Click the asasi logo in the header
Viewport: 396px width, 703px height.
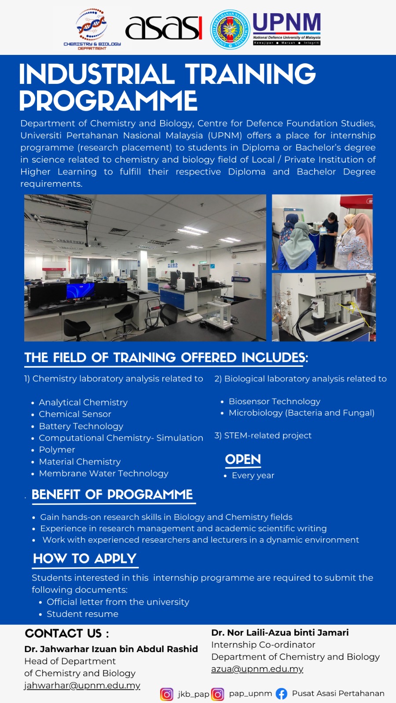tap(163, 28)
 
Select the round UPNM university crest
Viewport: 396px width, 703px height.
tap(230, 29)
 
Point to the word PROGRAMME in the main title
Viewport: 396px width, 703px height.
tap(108, 100)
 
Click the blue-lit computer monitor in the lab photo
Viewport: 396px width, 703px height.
tap(81, 290)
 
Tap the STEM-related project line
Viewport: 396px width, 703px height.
tap(263, 435)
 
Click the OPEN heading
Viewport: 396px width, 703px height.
tap(243, 460)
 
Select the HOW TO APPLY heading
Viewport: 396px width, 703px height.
tap(85, 559)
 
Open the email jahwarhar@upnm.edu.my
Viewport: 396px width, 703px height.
tap(82, 685)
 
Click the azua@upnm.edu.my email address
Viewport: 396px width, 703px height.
tap(257, 669)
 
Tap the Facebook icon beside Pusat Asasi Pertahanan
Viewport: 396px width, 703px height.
tap(282, 694)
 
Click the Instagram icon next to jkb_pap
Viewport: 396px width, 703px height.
tap(167, 694)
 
